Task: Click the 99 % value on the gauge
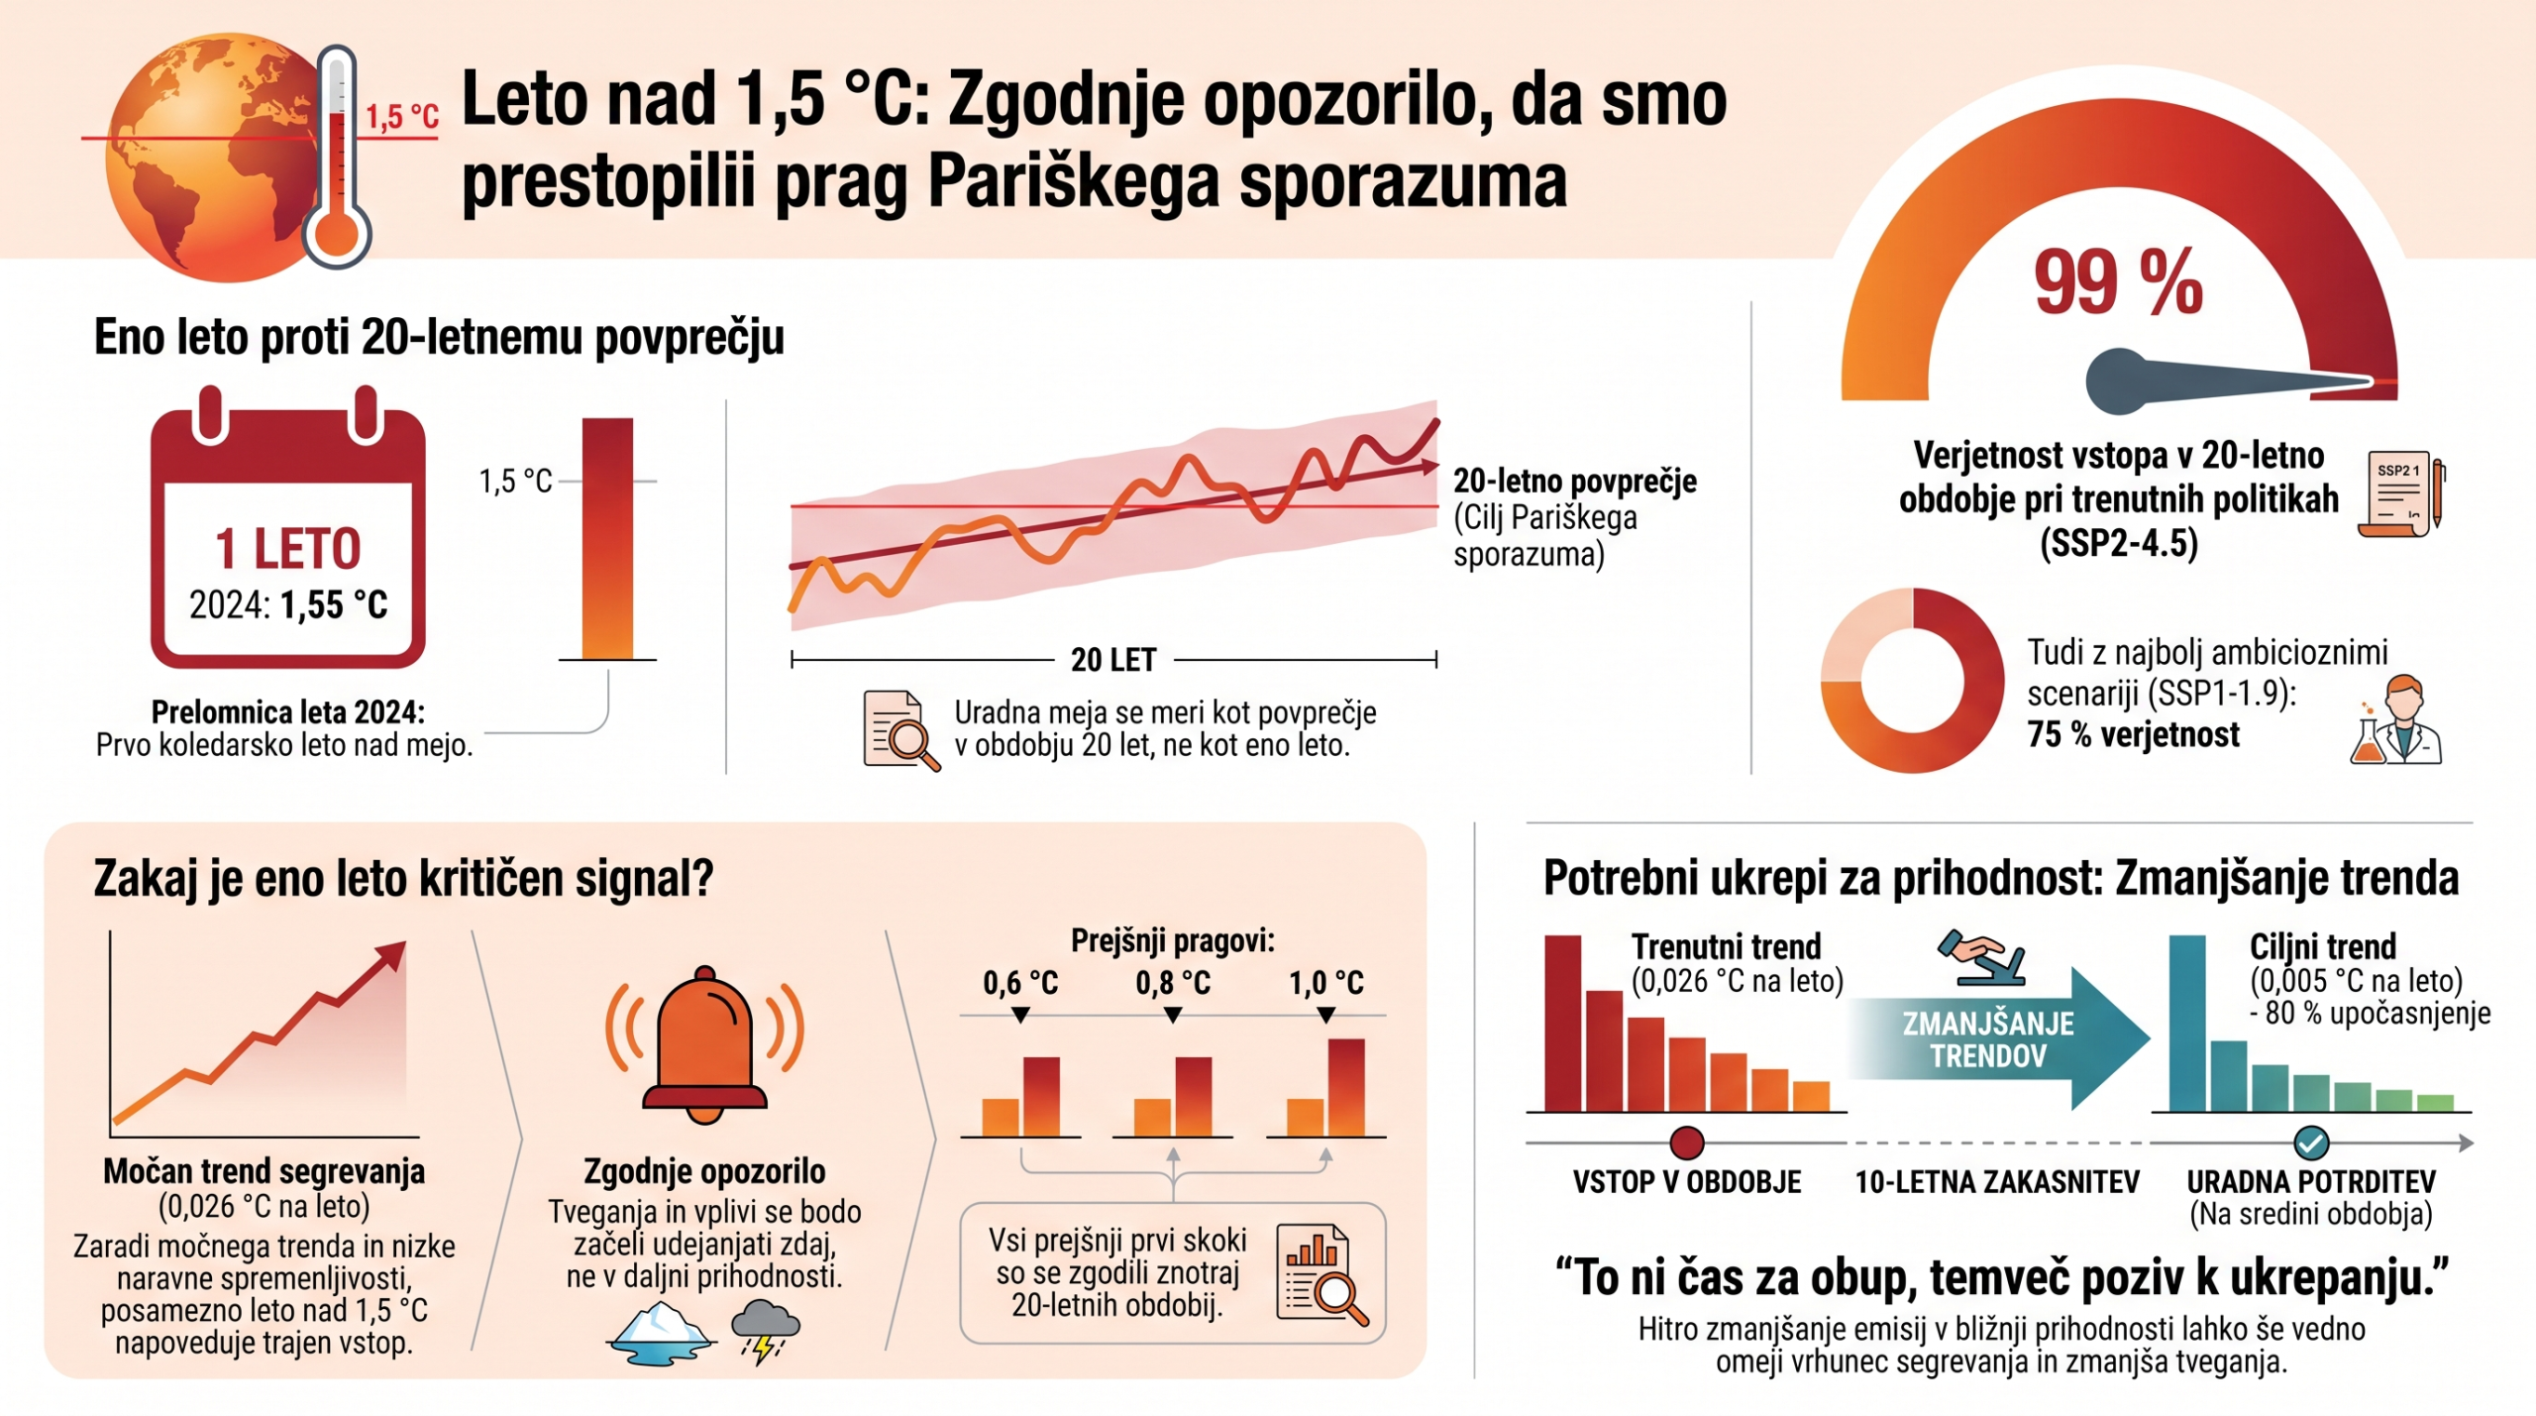coord(2118,282)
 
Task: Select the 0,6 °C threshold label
coord(1020,983)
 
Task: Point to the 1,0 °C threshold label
coord(1325,983)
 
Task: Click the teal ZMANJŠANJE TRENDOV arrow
coord(1996,1038)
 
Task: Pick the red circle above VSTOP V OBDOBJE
coord(1687,1143)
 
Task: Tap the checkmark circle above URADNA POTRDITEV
coord(2311,1143)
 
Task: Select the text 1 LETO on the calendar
coord(288,549)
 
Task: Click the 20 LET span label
coord(1113,660)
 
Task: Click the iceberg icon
coord(659,1333)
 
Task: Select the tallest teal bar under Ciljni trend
coord(2187,1023)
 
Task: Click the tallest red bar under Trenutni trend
coord(1563,1023)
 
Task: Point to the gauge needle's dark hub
coord(2120,381)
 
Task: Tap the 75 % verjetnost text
coord(2133,734)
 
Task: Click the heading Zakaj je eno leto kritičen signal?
coord(403,879)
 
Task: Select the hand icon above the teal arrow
coord(1981,957)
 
